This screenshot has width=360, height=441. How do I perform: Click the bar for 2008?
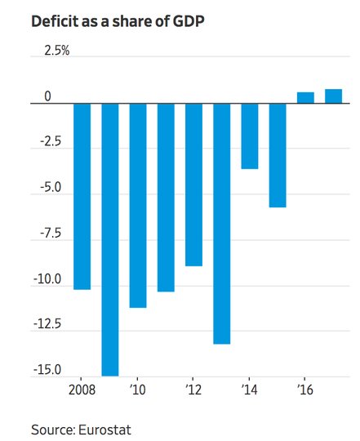click(x=82, y=196)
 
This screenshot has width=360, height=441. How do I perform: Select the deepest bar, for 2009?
click(x=110, y=239)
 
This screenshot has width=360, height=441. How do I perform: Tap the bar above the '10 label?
click(x=138, y=206)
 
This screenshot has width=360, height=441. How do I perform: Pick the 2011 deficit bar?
click(x=166, y=198)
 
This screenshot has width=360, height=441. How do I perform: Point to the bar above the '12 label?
click(x=193, y=185)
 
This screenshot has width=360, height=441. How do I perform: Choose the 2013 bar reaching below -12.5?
click(x=222, y=224)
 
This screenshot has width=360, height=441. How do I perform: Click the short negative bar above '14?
click(x=250, y=136)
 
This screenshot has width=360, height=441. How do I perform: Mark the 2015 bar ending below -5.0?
click(x=278, y=155)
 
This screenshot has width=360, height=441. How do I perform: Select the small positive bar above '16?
click(x=305, y=98)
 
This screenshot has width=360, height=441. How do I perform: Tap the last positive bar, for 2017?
click(x=334, y=96)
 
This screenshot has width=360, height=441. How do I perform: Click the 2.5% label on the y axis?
click(x=57, y=51)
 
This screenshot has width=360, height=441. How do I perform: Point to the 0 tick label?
click(x=48, y=96)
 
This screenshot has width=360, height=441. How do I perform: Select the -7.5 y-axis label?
click(x=51, y=234)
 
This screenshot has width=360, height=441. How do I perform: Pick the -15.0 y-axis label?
click(x=47, y=370)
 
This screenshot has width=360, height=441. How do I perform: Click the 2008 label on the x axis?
click(x=82, y=390)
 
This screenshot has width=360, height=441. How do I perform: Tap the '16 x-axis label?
click(x=305, y=390)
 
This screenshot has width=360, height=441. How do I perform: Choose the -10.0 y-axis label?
click(x=47, y=279)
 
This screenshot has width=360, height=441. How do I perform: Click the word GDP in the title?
click(x=189, y=21)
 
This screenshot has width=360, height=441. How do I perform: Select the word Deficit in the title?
click(x=55, y=21)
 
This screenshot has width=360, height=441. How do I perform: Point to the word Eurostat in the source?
click(x=104, y=430)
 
